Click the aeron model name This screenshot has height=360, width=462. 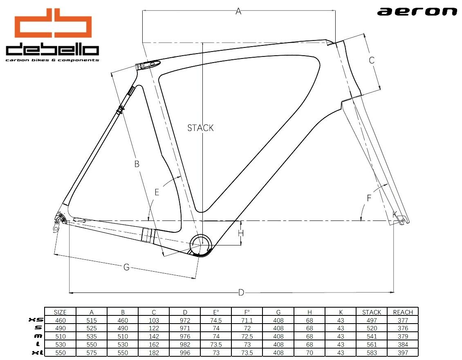[417, 11]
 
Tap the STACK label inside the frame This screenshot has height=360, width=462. [200, 128]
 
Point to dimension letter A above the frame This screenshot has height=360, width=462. [238, 11]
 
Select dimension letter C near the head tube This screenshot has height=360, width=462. [372, 60]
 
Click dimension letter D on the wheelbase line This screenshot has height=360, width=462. [241, 292]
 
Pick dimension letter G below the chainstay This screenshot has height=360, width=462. [126, 267]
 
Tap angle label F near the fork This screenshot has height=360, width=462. [369, 198]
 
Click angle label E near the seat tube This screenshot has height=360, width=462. [157, 192]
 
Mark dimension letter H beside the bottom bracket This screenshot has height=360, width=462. [241, 233]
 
